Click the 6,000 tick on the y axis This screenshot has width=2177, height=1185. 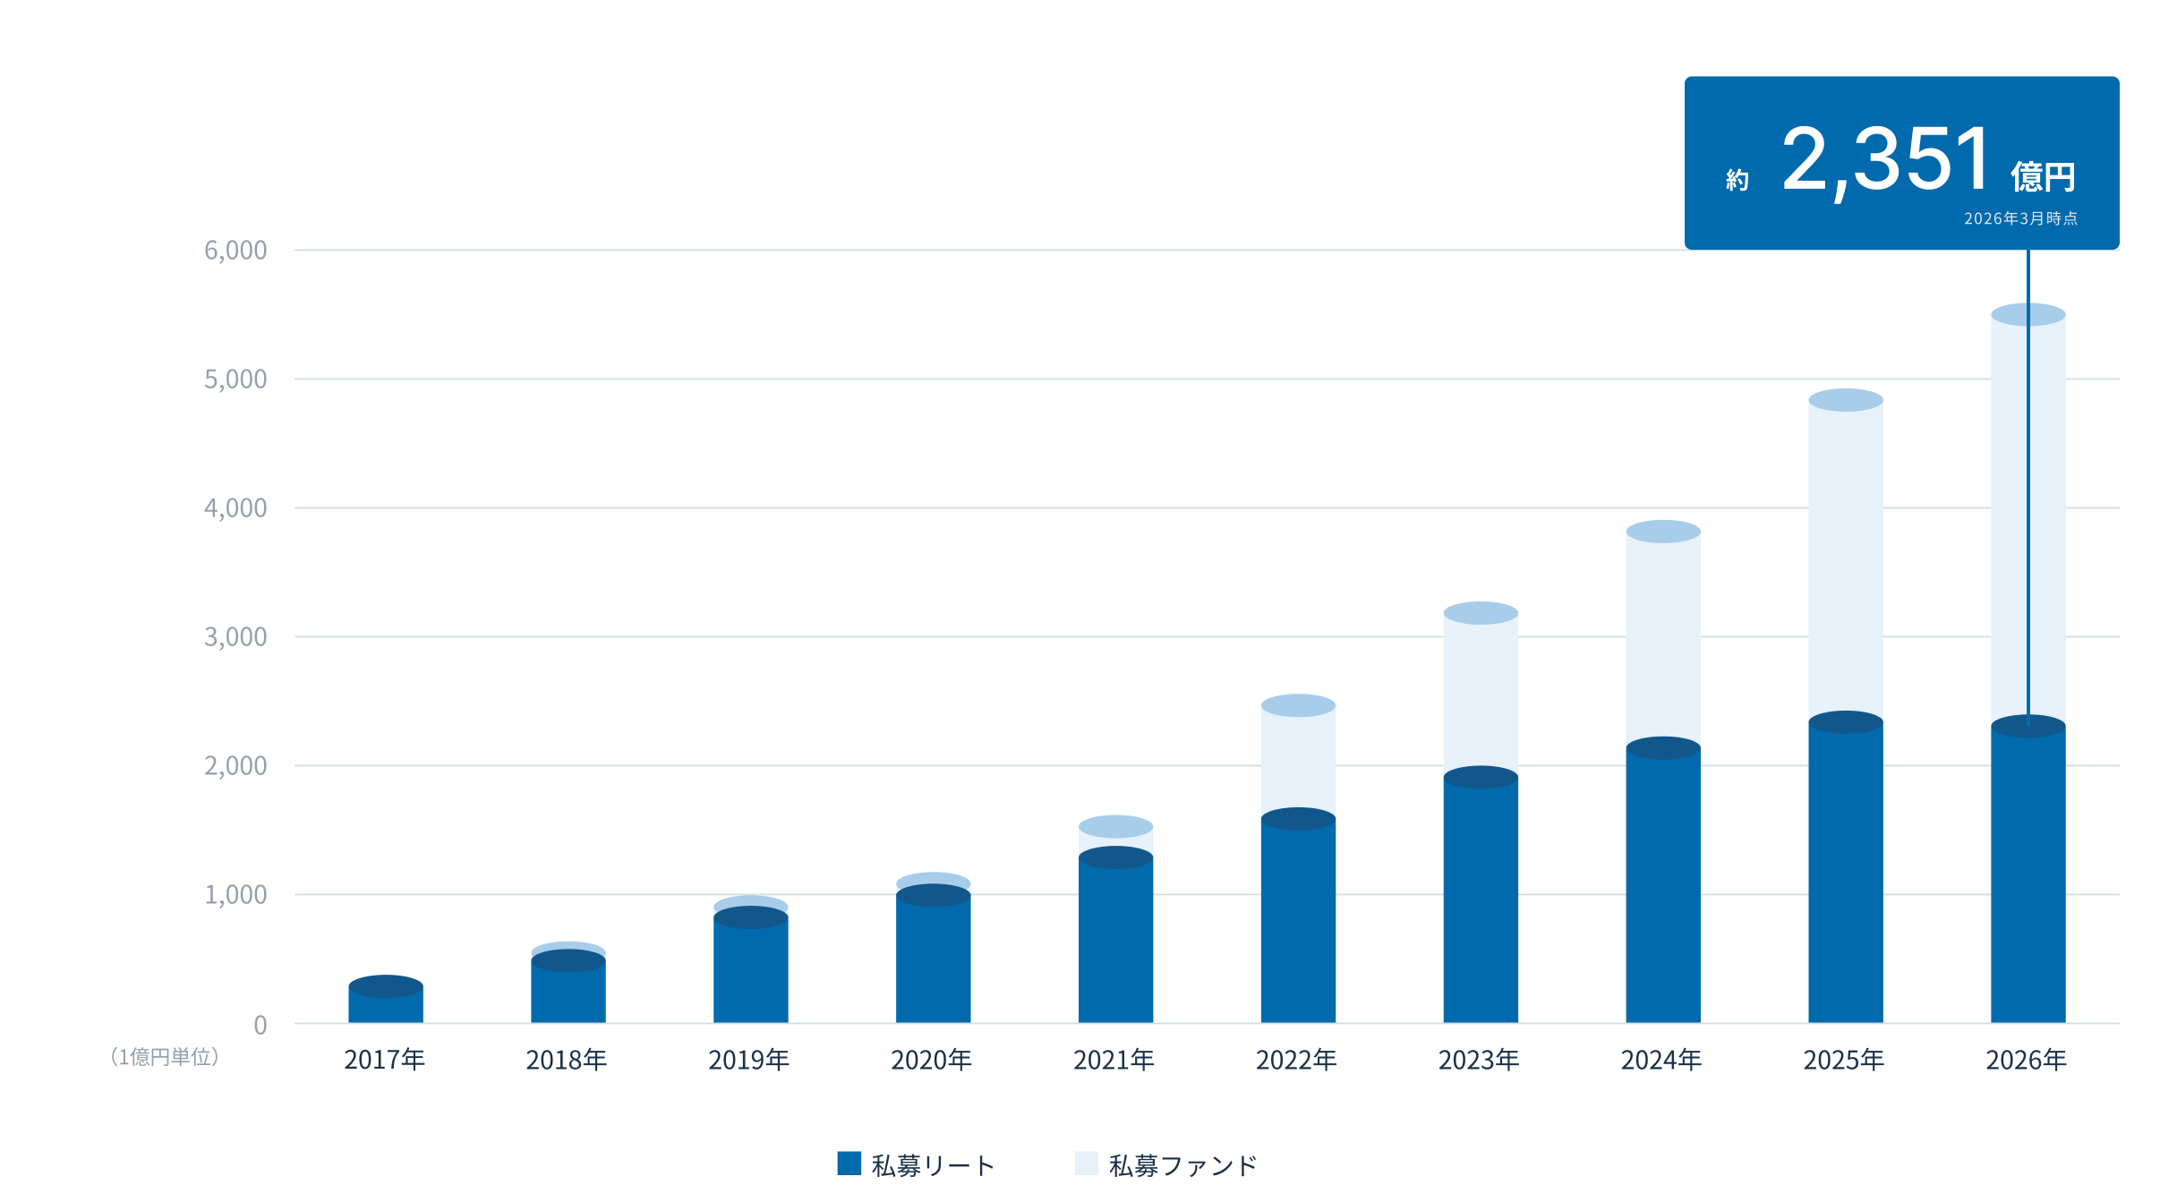(235, 251)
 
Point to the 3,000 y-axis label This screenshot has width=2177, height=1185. (235, 637)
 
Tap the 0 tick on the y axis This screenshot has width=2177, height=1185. (260, 1025)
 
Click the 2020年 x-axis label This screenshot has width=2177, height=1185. (931, 1060)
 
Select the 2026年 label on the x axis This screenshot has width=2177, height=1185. (2027, 1060)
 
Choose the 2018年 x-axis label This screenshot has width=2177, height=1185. (567, 1060)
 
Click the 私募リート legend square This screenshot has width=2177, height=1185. (849, 1163)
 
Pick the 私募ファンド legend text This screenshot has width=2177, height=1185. (1183, 1165)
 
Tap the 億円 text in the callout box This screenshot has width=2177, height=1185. (2043, 177)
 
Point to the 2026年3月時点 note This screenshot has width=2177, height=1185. (2020, 218)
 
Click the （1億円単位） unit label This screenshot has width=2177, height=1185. (165, 1057)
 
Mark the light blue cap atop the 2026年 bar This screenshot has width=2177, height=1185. (2028, 314)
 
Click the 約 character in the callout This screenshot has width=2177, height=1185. (1737, 180)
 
